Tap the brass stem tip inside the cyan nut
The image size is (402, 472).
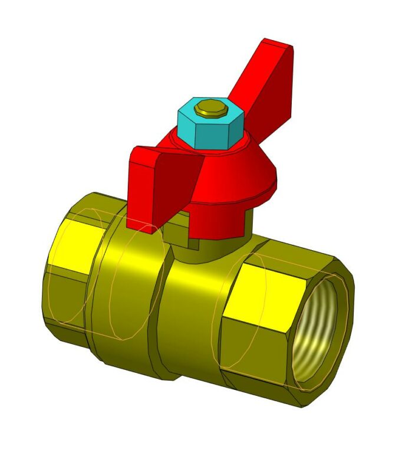click(x=211, y=107)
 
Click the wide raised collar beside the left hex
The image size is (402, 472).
click(x=127, y=283)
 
